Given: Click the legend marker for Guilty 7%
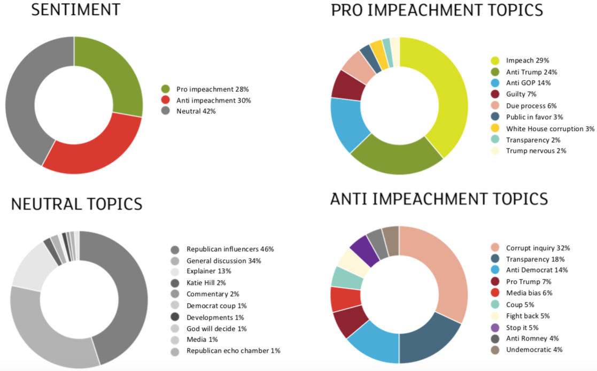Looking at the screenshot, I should pyautogui.click(x=495, y=94).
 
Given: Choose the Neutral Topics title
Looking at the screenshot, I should pyautogui.click(x=76, y=204).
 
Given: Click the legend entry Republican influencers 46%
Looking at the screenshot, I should pyautogui.click(x=230, y=249).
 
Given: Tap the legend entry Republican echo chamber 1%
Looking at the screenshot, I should pyautogui.click(x=233, y=351).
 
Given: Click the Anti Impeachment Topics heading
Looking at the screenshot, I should pyautogui.click(x=439, y=199).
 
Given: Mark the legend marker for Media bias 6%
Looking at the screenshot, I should pyautogui.click(x=495, y=293).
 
